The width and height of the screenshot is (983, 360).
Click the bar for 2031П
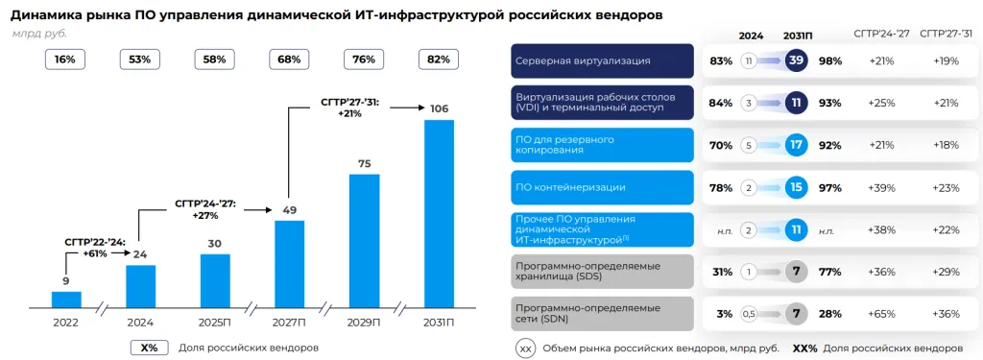pyautogui.click(x=439, y=213)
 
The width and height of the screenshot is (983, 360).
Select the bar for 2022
pyautogui.click(x=66, y=299)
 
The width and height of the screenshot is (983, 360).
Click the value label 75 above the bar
pyautogui.click(x=364, y=164)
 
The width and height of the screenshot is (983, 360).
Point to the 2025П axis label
pyautogui.click(x=215, y=323)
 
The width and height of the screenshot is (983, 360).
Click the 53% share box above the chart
pyautogui.click(x=140, y=60)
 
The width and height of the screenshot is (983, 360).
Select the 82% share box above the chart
pyautogui.click(x=438, y=60)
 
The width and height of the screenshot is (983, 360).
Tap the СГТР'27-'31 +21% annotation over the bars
pyautogui.click(x=349, y=108)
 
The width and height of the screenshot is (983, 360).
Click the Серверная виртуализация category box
pyautogui.click(x=602, y=60)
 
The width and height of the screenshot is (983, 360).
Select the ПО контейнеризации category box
pyautogui.click(x=602, y=187)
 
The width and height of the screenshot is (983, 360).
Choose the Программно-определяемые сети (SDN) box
pyautogui.click(x=602, y=313)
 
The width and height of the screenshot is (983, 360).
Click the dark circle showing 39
pyautogui.click(x=795, y=60)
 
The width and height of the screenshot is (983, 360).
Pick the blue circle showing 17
pyautogui.click(x=795, y=145)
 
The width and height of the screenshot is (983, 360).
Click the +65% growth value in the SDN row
pyautogui.click(x=882, y=313)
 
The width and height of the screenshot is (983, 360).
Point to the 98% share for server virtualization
pyautogui.click(x=831, y=60)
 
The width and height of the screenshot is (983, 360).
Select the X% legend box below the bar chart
pyautogui.click(x=149, y=348)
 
